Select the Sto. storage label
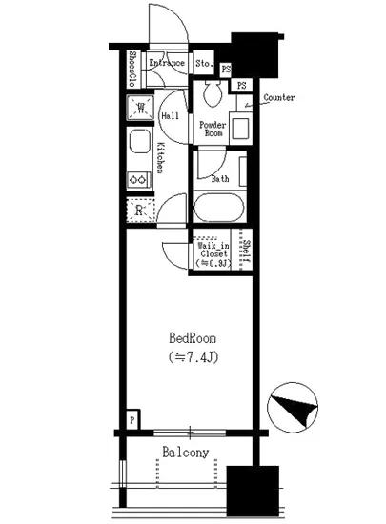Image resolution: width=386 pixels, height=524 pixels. pos(203,64)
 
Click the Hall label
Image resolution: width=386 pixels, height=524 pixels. pos(172,116)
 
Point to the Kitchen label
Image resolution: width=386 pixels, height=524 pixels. pos(160,157)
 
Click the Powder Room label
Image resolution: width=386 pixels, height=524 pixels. pos(212,129)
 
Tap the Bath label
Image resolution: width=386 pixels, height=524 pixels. pos(219,178)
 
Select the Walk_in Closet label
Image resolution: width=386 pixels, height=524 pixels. pos(211,254)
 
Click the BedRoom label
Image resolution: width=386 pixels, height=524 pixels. pos(193,338)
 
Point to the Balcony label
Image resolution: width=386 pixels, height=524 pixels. pos(185,453)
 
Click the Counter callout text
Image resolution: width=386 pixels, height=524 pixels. pos(278,97)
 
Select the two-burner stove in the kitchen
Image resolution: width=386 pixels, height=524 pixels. pos(139,177)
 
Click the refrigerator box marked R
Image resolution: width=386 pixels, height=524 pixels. pos(139,211)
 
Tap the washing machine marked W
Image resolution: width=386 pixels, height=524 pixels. pos(140,107)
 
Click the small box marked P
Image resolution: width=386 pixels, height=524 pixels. pos(132,418)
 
